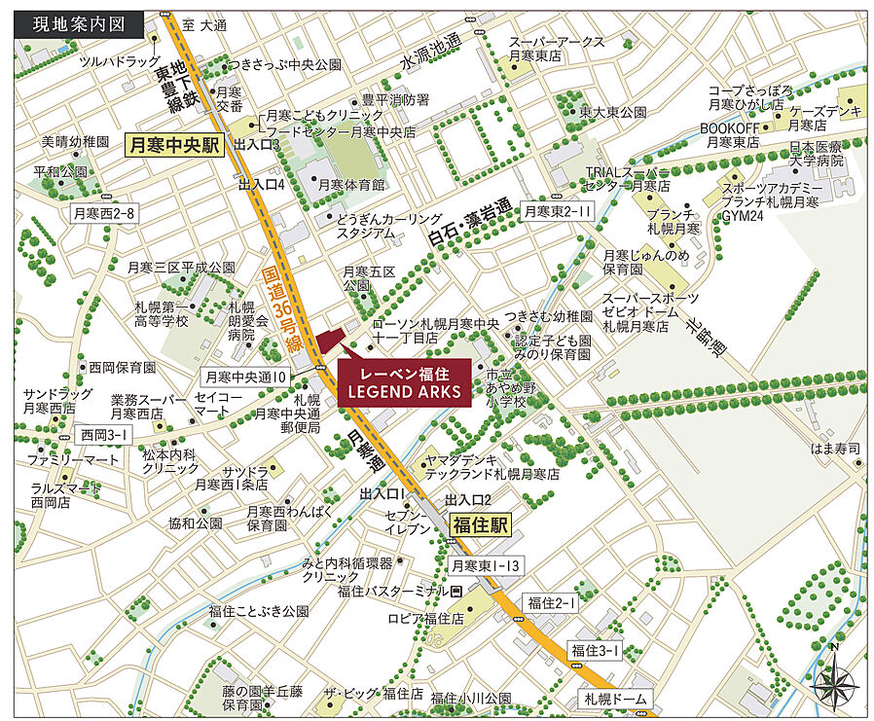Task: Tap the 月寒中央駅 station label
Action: click(174, 146)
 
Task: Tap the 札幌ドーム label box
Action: click(616, 700)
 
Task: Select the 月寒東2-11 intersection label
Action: click(558, 210)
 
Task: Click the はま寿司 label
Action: click(839, 449)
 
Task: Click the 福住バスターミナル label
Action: click(394, 591)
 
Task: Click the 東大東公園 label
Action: click(613, 113)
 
